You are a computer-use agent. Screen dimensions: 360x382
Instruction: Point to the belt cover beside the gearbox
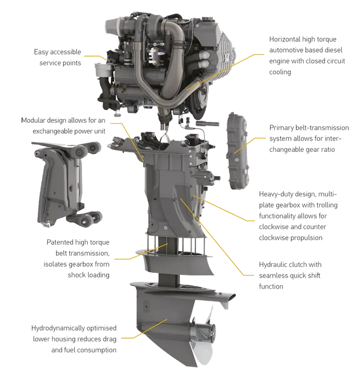click(x=238, y=151)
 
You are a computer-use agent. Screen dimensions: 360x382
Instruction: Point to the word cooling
click(x=280, y=72)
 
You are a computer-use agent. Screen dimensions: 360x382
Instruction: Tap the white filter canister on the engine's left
click(x=102, y=70)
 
